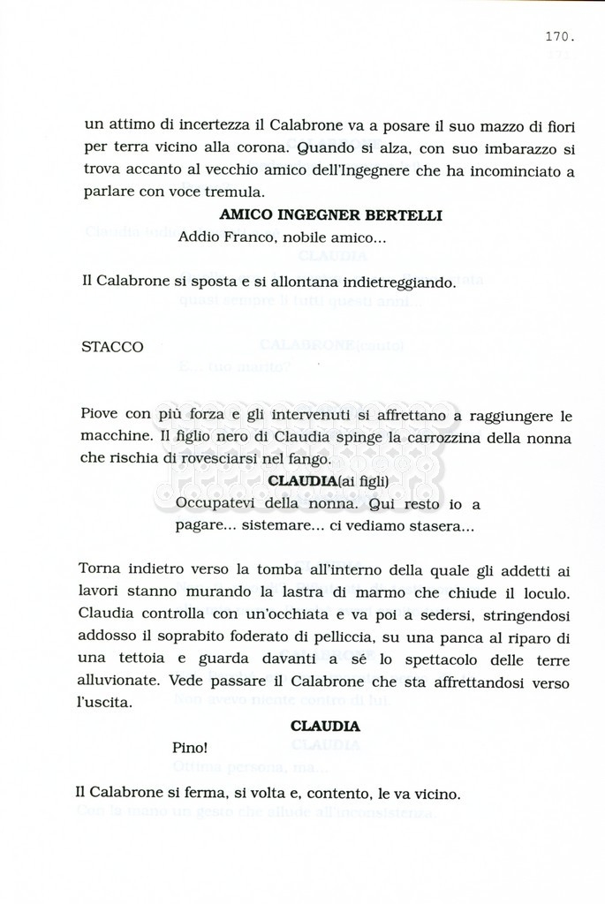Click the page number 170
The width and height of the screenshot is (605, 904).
[x=560, y=37]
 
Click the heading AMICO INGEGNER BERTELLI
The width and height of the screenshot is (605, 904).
[x=330, y=215]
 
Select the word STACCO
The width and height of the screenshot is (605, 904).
[x=112, y=347]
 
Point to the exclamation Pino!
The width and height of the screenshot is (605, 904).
[x=189, y=747]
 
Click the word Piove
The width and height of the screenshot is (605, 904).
[x=100, y=415]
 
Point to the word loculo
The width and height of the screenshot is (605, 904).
[x=549, y=591]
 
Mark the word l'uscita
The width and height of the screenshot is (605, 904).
[x=104, y=704]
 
